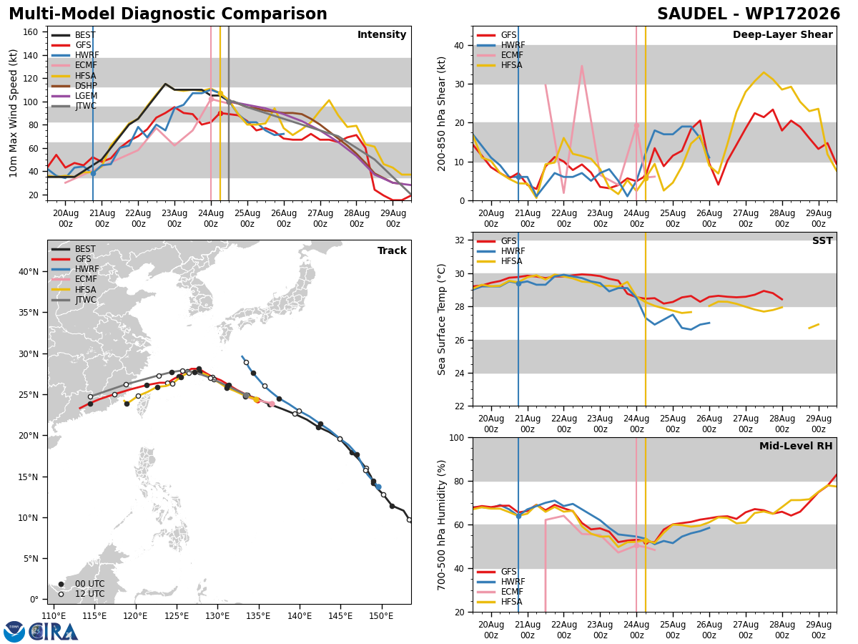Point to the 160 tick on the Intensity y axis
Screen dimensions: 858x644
coord(30,32)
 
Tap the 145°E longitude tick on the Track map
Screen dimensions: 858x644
coord(340,616)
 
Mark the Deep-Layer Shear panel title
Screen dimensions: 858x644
coord(782,35)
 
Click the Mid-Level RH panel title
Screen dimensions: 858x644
coord(796,446)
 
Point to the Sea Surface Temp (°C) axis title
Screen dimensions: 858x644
coord(441,320)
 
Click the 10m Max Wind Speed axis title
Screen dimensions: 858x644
coord(13,113)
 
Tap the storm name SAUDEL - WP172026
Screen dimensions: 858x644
coord(749,14)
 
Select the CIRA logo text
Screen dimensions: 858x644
coord(54,632)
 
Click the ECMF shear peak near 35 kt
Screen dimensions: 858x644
coord(582,67)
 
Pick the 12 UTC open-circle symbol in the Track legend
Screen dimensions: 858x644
coord(61,595)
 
